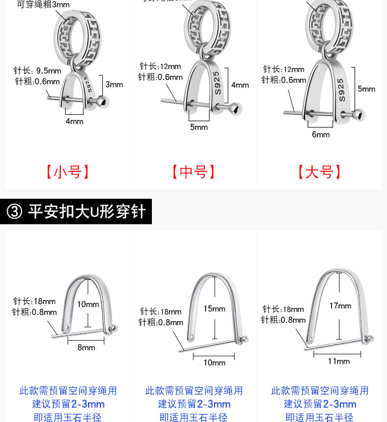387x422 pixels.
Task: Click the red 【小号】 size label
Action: (68, 172)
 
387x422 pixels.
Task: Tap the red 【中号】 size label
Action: (193, 172)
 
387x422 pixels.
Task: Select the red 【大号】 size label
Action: (319, 172)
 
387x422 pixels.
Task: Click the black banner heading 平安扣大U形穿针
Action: (87, 211)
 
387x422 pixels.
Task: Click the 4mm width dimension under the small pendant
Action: (74, 121)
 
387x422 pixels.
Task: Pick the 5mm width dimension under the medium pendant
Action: (199, 127)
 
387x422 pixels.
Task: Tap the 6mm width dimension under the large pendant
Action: (321, 134)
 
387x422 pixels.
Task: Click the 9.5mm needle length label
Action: (38, 71)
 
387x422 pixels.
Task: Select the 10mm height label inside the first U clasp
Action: (88, 304)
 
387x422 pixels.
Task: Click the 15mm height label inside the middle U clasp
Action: (215, 309)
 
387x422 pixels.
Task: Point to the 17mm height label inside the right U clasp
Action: (340, 306)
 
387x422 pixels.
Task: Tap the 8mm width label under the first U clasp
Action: (86, 347)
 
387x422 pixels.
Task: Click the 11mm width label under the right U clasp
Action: (339, 361)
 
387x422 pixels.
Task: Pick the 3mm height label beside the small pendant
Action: (114, 84)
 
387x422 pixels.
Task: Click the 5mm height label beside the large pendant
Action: (366, 89)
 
